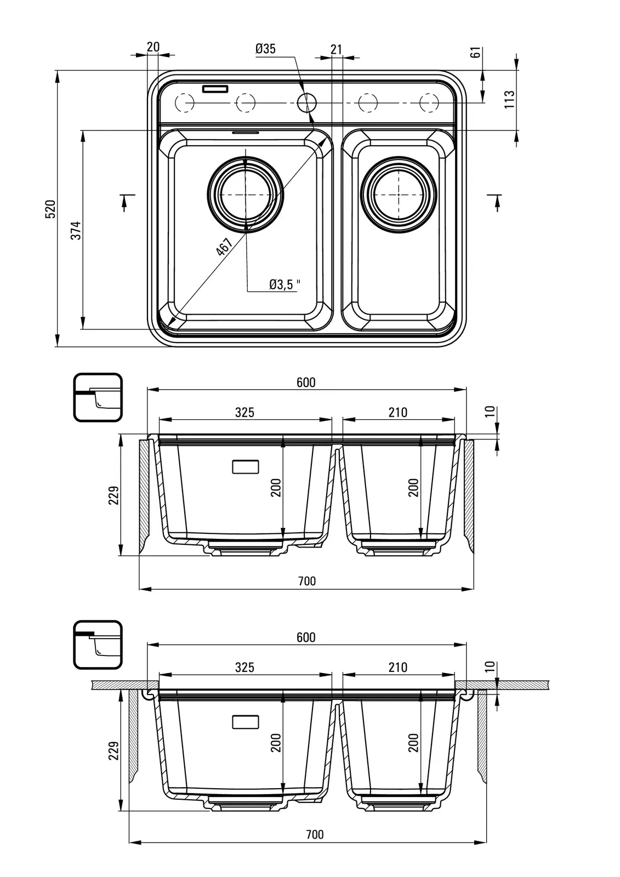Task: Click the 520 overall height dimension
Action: point(50,209)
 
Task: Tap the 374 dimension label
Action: point(76,230)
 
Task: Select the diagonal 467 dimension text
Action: point(224,247)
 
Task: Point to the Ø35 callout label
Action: point(265,49)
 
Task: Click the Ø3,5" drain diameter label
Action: point(285,284)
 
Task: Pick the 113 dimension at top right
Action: point(510,99)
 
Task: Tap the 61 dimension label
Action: point(476,53)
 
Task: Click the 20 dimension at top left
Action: point(153,47)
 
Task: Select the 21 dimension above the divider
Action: point(336,49)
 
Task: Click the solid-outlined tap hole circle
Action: point(307,102)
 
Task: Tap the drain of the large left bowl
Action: point(245,195)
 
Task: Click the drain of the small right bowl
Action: point(399,195)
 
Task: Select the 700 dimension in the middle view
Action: point(307,581)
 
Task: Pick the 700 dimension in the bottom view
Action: point(315,834)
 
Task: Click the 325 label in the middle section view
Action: point(244,412)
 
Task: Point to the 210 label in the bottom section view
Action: point(398,667)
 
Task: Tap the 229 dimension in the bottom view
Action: point(113,750)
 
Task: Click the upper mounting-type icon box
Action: point(98,397)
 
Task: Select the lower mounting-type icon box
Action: point(98,645)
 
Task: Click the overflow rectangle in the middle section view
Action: point(246,467)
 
